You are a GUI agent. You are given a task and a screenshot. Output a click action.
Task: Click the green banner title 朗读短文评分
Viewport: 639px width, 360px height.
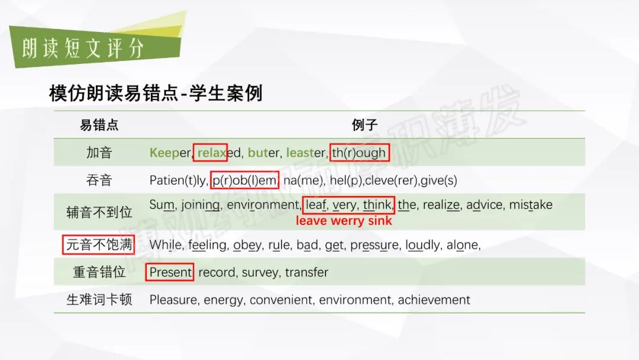(83, 49)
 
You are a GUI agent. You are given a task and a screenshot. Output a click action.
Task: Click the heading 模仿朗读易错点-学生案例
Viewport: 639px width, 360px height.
(156, 94)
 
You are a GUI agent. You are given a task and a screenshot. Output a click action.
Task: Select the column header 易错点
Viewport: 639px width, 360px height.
(99, 125)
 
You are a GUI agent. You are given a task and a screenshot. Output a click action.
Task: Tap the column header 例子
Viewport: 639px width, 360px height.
(364, 125)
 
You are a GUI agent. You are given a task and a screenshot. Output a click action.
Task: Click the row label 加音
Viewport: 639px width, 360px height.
(99, 153)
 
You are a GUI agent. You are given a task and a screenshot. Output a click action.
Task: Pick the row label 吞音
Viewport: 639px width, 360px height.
(99, 180)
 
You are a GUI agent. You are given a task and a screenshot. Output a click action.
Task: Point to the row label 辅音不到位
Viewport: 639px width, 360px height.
(99, 212)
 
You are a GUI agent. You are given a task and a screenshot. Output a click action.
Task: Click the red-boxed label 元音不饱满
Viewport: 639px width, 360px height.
(99, 245)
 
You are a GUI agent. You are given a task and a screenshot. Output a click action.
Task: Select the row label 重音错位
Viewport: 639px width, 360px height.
(99, 272)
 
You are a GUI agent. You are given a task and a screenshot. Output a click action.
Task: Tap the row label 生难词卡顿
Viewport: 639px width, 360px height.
(99, 300)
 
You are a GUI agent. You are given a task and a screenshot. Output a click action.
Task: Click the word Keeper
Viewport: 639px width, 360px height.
(170, 153)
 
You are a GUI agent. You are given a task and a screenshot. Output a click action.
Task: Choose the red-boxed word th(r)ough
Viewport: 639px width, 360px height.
(359, 153)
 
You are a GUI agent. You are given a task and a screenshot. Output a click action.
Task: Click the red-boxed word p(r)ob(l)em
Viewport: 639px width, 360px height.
(244, 180)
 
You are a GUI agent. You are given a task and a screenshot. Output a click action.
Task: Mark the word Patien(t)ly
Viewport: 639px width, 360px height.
(179, 180)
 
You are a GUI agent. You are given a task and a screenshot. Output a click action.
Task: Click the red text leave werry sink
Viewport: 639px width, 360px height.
(344, 221)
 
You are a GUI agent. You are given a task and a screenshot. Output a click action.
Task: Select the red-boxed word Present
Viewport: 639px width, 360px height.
(170, 272)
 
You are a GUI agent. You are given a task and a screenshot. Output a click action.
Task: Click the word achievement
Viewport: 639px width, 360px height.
(434, 300)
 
